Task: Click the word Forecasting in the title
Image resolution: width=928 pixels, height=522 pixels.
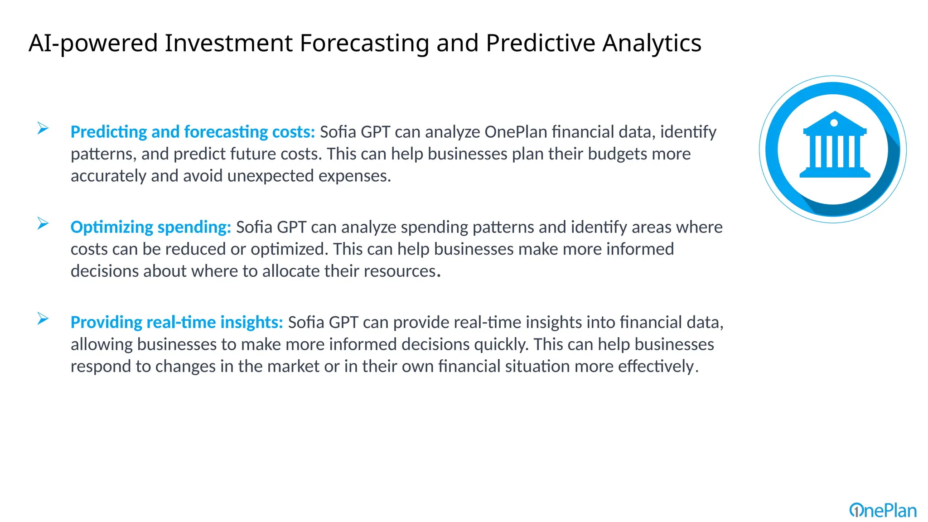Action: pyautogui.click(x=364, y=43)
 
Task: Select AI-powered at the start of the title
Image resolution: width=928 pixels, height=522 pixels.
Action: pyautogui.click(x=93, y=43)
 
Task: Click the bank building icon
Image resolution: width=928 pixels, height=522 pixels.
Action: pyautogui.click(x=834, y=145)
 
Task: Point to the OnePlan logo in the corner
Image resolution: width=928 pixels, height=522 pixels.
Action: pyautogui.click(x=883, y=511)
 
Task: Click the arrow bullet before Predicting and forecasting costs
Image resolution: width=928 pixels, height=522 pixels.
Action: pyautogui.click(x=43, y=129)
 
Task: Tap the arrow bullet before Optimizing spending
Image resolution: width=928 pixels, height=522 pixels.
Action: pyautogui.click(x=43, y=224)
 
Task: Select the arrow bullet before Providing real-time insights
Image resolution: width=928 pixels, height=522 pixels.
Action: pyautogui.click(x=43, y=319)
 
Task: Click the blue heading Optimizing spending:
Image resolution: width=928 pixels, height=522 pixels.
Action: pyautogui.click(x=150, y=227)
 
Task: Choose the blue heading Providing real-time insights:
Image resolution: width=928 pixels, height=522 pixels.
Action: pyautogui.click(x=177, y=322)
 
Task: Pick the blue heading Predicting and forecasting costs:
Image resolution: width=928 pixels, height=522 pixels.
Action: pyautogui.click(x=193, y=132)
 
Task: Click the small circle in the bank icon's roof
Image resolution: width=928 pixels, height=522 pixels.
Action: pyautogui.click(x=834, y=123)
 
